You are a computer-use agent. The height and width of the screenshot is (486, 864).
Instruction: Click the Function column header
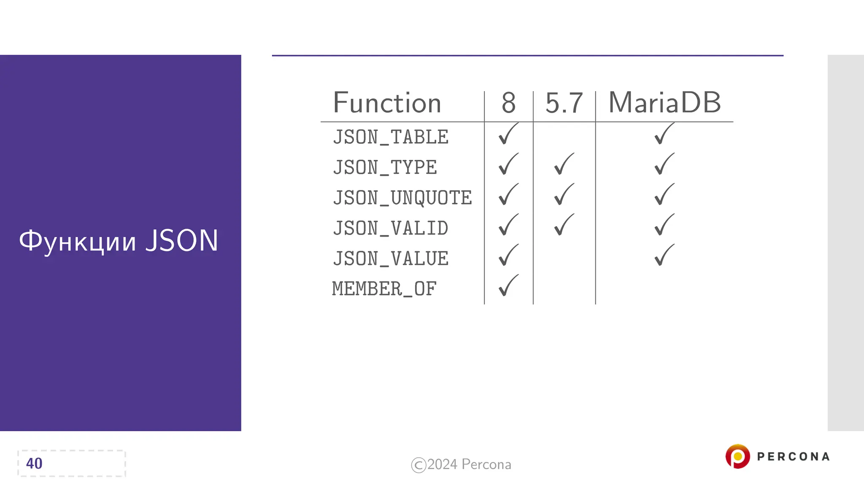pos(387,103)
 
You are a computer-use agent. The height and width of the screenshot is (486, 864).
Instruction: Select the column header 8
pos(508,103)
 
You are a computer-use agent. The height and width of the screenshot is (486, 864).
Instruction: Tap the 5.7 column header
pos(564,103)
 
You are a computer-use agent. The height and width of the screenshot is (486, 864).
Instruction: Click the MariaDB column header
pos(664,103)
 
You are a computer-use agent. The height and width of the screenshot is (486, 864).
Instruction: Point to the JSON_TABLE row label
pos(391,137)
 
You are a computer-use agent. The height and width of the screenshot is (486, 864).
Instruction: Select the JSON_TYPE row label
pos(385,167)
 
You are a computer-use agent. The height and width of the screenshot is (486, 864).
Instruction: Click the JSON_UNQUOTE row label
pos(402,198)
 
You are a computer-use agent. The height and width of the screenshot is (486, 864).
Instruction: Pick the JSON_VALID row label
pos(391,228)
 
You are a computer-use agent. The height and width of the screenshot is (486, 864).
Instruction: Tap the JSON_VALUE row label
pos(391,259)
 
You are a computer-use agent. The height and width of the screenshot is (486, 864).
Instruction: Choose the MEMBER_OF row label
pos(384,289)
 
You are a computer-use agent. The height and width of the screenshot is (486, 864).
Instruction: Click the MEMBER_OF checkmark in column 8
pos(508,286)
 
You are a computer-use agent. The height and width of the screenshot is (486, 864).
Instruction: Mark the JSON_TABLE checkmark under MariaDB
pos(664,134)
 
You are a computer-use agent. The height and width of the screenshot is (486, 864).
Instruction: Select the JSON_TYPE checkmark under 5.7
pos(564,164)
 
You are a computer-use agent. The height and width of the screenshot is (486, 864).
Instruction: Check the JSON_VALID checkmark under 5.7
pos(564,225)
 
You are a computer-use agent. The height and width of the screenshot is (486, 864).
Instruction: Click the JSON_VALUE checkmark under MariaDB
pos(664,255)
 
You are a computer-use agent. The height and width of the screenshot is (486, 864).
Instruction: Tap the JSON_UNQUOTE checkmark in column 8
pos(508,194)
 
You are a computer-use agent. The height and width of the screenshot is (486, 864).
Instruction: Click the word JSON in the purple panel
pos(182,241)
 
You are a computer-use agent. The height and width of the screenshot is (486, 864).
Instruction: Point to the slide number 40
pos(34,463)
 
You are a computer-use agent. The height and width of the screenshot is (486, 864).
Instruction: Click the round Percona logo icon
pos(737,456)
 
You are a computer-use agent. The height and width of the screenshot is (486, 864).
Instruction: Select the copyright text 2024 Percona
pos(469,464)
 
